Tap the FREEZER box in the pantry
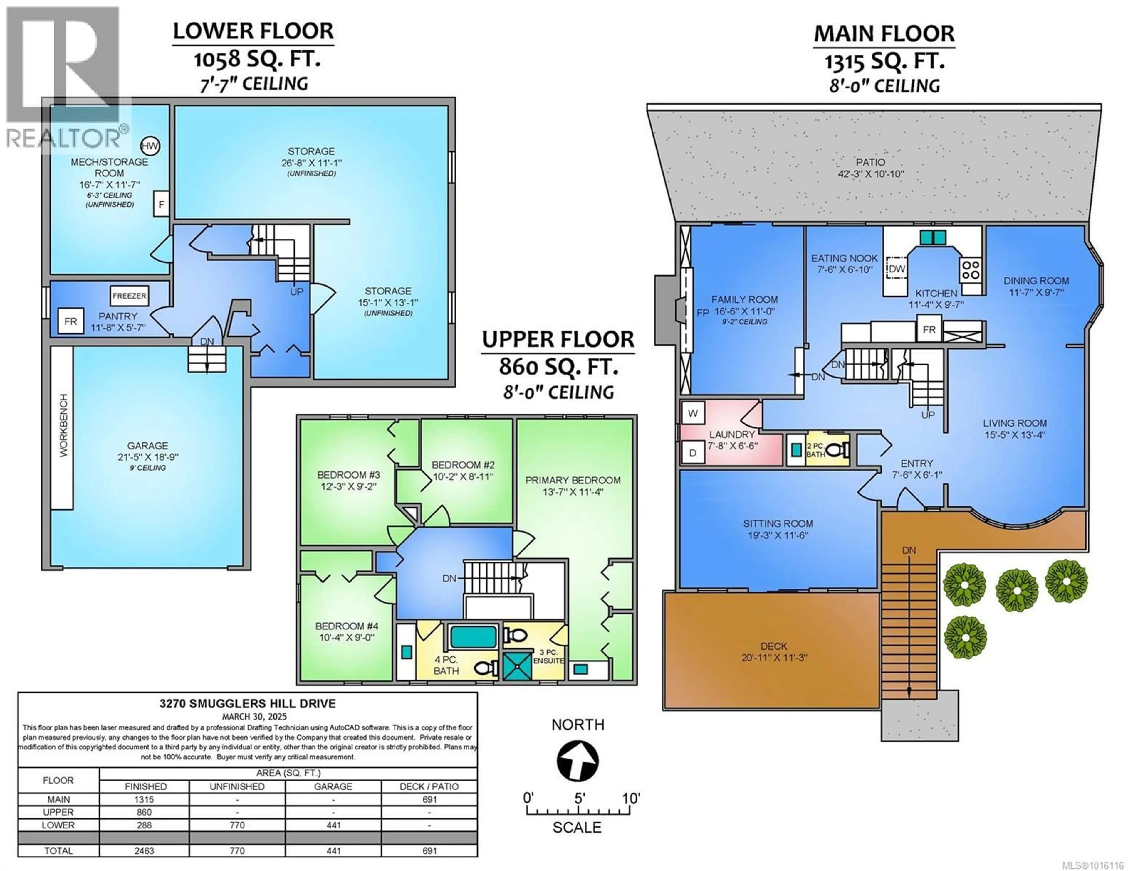click(129, 296)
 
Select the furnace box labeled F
click(161, 204)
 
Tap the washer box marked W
click(693, 413)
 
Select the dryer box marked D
click(693, 453)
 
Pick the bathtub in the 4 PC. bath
click(473, 637)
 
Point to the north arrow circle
click(578, 762)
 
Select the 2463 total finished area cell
click(144, 850)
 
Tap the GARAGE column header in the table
click(333, 786)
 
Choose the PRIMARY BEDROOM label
click(573, 480)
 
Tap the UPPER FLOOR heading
click(558, 339)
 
